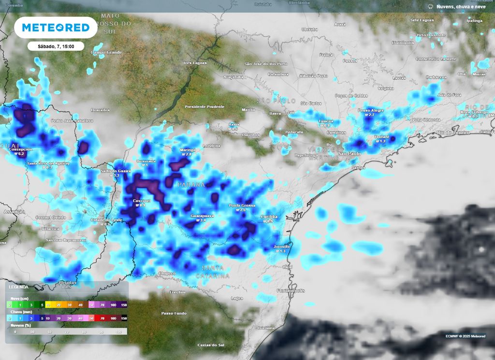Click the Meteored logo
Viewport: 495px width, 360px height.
56,28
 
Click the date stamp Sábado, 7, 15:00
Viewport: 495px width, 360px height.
56,46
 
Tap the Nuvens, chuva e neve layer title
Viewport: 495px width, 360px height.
460,7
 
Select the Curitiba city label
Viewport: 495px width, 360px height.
268,216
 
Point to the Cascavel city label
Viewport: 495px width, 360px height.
142,200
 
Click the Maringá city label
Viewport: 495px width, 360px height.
188,150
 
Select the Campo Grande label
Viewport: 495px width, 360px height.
107,52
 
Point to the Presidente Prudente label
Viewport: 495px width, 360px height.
204,106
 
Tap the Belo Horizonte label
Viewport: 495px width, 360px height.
431,35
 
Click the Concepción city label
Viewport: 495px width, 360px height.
20,150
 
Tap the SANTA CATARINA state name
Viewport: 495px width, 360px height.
213,272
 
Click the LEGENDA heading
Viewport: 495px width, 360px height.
18,287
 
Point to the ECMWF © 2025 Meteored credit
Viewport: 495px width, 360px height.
465,336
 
